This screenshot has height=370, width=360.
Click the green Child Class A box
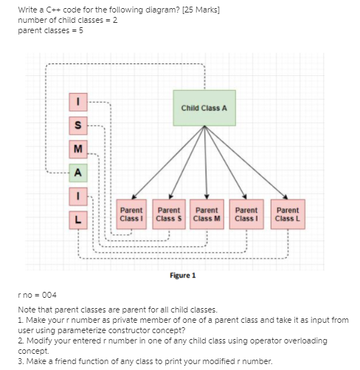[x=204, y=108]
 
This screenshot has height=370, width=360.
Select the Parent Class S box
[x=169, y=214]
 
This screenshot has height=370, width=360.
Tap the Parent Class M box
[x=207, y=214]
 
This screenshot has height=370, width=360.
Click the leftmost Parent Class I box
[x=131, y=214]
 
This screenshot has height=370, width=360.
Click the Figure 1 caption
[x=182, y=275]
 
